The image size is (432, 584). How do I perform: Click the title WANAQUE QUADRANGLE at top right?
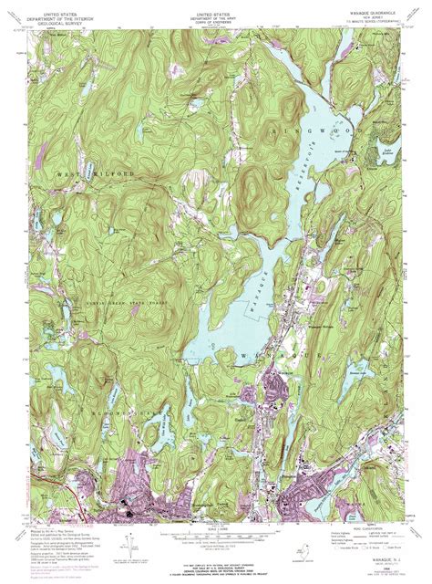[x=374, y=13]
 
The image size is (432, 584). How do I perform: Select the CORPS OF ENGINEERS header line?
[x=216, y=24]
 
